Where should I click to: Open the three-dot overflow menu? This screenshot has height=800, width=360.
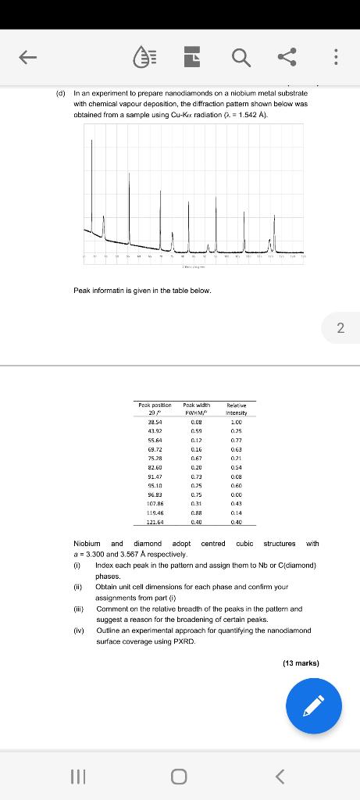pyautogui.click(x=336, y=55)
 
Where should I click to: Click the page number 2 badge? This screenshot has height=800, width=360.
pyautogui.click(x=340, y=328)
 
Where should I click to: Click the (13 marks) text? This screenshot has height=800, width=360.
pyautogui.click(x=301, y=663)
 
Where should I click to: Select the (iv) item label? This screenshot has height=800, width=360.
pyautogui.click(x=78, y=630)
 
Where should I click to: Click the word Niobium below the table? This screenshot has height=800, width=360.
pyautogui.click(x=87, y=543)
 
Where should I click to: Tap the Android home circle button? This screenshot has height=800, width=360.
pyautogui.click(x=180, y=777)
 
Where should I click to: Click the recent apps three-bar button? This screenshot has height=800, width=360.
pyautogui.click(x=77, y=777)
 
